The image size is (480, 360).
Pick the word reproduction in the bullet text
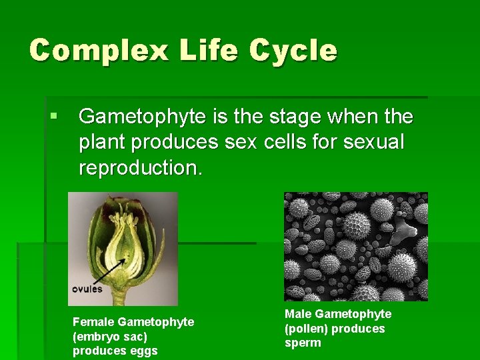pos(139,168)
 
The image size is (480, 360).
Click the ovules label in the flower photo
pos(87,289)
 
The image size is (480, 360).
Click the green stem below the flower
pos(120,296)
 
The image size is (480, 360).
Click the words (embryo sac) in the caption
pos(109,337)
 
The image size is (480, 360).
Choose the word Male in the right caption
pos(298,314)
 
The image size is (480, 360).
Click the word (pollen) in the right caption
pos(306,329)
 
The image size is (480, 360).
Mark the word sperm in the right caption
pos(303,343)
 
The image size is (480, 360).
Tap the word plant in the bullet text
pos(102,143)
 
